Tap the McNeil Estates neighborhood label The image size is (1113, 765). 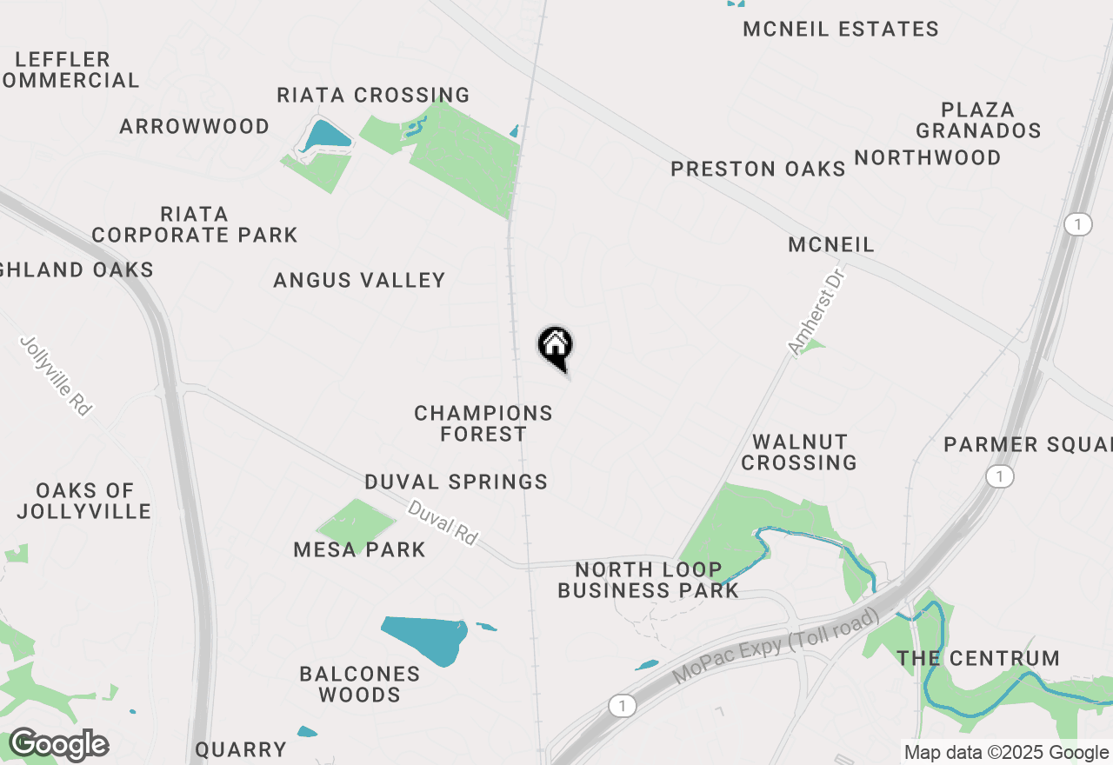841,30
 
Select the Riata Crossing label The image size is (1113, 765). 373,95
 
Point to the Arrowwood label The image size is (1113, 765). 195,127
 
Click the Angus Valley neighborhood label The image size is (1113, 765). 359,280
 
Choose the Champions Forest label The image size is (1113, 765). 483,423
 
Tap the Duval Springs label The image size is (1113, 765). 457,482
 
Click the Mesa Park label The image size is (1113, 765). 360,549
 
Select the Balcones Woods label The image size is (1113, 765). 360,684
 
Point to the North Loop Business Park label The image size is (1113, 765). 649,580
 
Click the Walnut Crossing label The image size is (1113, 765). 799,452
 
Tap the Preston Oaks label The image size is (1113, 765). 758,169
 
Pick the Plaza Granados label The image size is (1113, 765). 978,120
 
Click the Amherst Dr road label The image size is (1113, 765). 816,310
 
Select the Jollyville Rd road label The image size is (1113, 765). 55,376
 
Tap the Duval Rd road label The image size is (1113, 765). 443,522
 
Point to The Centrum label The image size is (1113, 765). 978,658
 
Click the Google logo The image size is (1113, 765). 58,745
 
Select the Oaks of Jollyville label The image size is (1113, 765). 84,501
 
